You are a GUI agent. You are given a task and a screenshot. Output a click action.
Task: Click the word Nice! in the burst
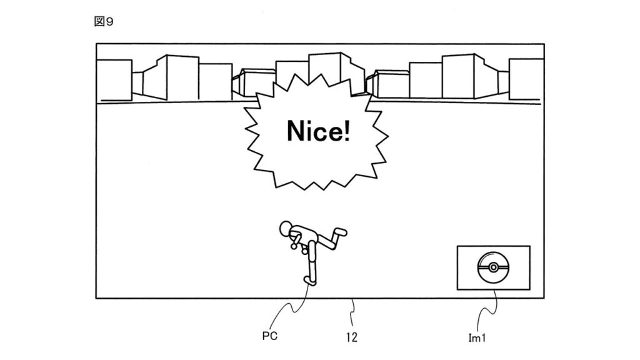[x=318, y=131]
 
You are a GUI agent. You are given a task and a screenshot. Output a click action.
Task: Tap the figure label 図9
[x=103, y=22]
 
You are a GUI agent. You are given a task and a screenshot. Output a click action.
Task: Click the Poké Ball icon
[x=493, y=267]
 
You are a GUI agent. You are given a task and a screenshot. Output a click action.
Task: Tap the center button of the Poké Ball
[x=493, y=267]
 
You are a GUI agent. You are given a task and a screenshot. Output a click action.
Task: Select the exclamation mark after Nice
[x=346, y=131]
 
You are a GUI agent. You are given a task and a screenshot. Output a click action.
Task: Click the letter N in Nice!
[x=295, y=131]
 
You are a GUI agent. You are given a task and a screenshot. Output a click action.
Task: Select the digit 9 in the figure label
[x=109, y=22]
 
